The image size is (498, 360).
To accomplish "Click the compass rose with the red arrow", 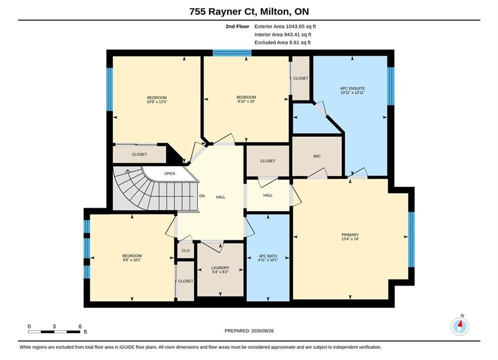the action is click(459, 326).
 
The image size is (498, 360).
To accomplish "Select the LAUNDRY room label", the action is click(220, 267).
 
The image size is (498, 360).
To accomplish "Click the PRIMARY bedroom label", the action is click(350, 234).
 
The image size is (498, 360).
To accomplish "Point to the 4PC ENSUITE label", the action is click(352, 88).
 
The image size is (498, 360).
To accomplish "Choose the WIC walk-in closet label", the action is click(317, 156).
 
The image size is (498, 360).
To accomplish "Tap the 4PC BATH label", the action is click(268, 255).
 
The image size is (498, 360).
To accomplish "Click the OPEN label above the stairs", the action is click(170, 173).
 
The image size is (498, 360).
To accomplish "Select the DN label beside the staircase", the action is click(202, 196).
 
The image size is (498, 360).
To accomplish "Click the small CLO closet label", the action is click(186, 250).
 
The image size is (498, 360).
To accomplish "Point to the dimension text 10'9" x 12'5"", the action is click(157, 102).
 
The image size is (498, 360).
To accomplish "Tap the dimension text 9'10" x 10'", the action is click(246, 101).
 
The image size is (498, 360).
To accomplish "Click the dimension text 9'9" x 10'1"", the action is click(132, 260).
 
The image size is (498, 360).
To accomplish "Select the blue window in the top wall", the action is click(232, 52).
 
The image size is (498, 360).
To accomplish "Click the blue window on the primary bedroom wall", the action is click(411, 239).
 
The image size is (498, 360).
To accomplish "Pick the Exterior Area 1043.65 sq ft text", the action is click(285, 26).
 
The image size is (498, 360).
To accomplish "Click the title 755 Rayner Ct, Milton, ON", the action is click(249, 11).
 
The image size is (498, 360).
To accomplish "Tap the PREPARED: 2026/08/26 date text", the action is click(249, 331).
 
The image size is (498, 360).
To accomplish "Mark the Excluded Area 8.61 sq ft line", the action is click(282, 42).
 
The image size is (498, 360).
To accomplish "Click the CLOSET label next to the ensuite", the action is click(300, 78).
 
